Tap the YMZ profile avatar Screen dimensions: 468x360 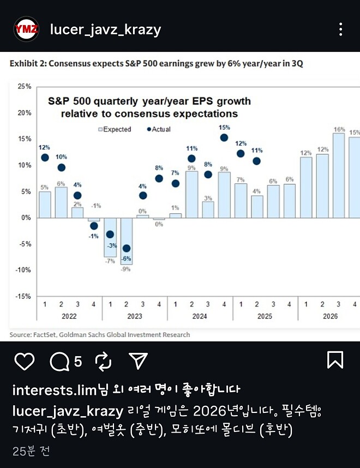(26, 29)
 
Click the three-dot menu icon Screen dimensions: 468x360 (341, 29)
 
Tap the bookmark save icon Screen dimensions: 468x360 (334, 360)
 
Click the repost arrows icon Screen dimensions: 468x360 (103, 361)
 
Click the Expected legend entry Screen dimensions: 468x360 (113, 129)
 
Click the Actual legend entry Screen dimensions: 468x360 (159, 129)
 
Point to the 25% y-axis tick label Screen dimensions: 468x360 (24, 87)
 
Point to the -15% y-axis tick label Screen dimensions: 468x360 (23, 296)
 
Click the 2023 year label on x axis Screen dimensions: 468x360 (134, 316)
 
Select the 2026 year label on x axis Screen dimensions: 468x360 (330, 316)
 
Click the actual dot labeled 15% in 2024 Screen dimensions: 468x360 (224, 137)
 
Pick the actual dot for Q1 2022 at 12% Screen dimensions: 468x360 (45, 158)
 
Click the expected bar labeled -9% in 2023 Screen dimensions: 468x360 (127, 241)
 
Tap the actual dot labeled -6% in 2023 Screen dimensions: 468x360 (127, 248)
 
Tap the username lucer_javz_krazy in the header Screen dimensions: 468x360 (105, 29)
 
